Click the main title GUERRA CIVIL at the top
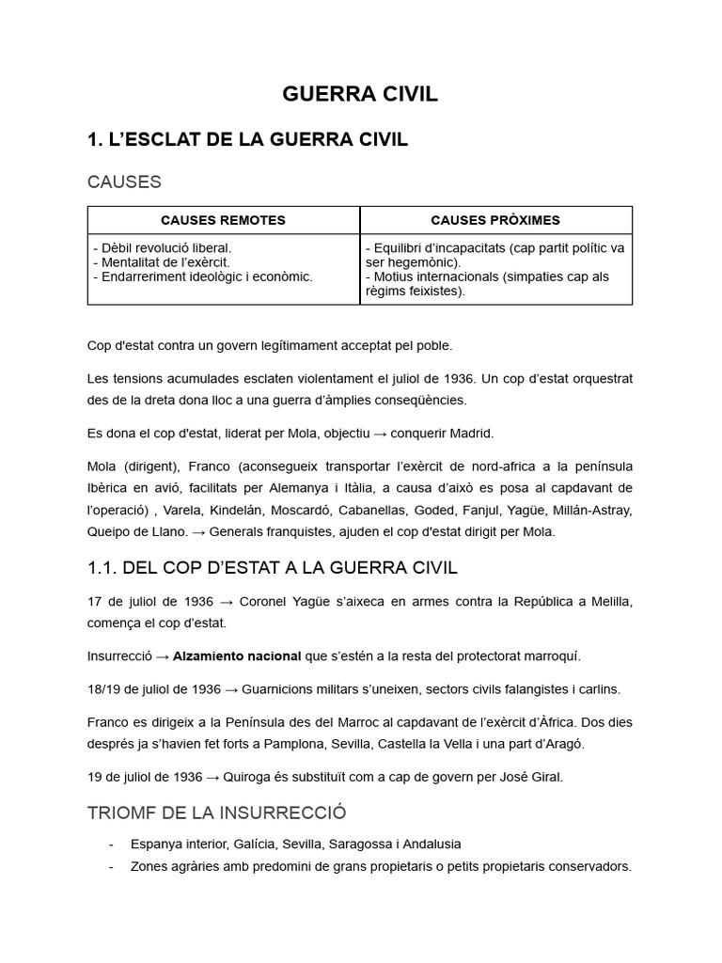click(360, 95)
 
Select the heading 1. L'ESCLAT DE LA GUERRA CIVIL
click(247, 140)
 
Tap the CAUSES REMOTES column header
click(223, 220)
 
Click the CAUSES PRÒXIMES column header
click(495, 220)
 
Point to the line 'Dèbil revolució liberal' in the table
click(163, 248)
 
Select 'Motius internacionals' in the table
click(432, 276)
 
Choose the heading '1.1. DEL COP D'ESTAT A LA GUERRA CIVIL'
click(273, 567)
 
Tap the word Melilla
click(608, 602)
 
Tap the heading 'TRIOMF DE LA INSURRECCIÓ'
click(217, 813)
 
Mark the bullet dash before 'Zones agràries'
click(113, 866)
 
